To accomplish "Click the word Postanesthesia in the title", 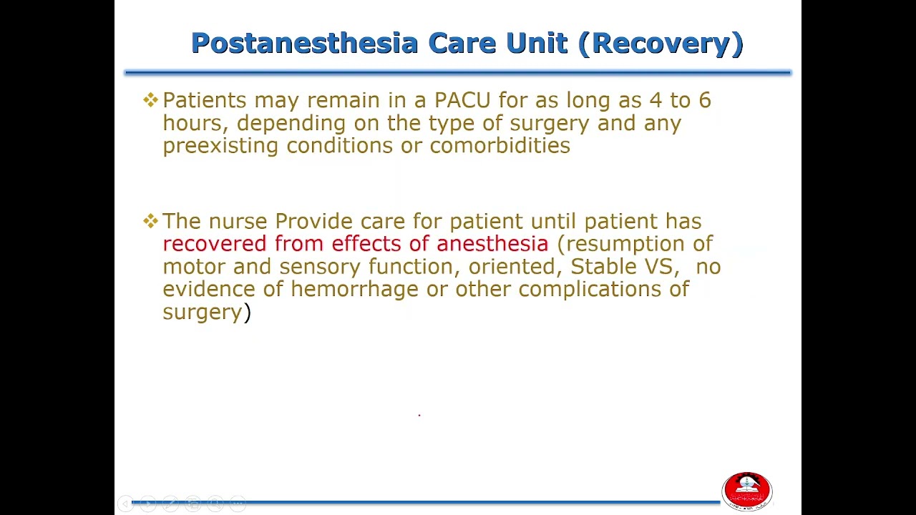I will click(304, 44).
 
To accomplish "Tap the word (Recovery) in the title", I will click(661, 44).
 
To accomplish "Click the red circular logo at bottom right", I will click(747, 491).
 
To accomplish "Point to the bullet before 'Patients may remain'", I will click(150, 100).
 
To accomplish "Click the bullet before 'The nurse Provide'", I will click(150, 221).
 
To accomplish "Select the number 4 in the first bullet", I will click(656, 100).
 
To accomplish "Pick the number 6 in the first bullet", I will click(704, 100).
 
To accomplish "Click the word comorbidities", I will click(500, 146).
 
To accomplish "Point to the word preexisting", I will click(220, 146).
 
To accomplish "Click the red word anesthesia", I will click(492, 244).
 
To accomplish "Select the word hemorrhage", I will click(354, 290).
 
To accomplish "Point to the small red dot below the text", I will click(419, 415).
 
